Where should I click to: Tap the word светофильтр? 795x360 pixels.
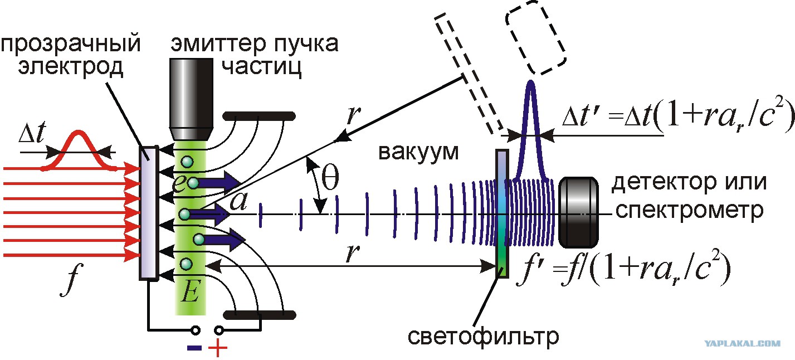coord(483,336)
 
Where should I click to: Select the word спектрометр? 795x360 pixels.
coord(689,211)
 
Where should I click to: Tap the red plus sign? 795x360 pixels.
coord(218,347)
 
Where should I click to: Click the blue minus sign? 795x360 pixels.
coord(194,348)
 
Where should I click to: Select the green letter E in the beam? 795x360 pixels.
coord(191,291)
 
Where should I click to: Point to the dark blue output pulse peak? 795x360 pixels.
coord(530,84)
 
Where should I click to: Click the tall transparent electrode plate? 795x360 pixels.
coord(148,213)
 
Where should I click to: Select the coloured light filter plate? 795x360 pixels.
coord(502,213)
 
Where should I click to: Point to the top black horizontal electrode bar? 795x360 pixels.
coord(259,116)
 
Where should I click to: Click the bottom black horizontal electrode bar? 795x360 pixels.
coord(260,315)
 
